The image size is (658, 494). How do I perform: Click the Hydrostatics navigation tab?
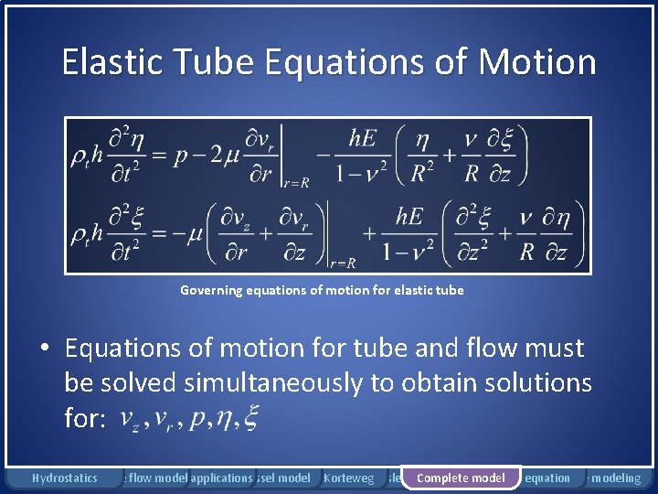64,478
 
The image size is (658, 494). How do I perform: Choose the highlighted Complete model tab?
461,478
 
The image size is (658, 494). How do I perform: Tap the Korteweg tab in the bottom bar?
349,478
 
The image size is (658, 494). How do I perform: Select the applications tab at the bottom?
221,478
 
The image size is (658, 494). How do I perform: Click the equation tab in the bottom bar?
547,478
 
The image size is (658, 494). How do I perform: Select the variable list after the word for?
188,418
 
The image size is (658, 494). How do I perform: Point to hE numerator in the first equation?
362,139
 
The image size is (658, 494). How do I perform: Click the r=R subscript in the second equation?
344,263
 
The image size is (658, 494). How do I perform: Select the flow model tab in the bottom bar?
157,478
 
